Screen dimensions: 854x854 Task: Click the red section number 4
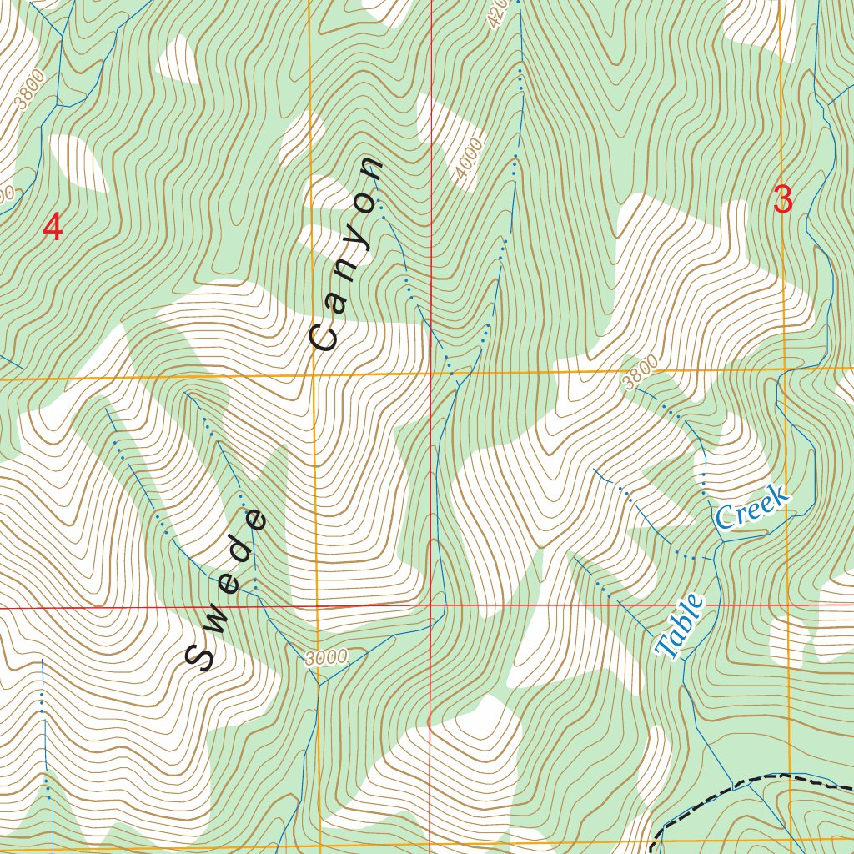pyautogui.click(x=53, y=228)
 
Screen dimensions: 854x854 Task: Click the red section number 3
pyautogui.click(x=782, y=200)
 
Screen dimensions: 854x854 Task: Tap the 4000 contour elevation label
pyautogui.click(x=470, y=159)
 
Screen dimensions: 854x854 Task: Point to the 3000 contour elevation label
pyautogui.click(x=325, y=657)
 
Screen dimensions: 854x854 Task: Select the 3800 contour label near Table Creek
pyautogui.click(x=640, y=372)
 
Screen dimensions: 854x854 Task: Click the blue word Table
pyautogui.click(x=681, y=626)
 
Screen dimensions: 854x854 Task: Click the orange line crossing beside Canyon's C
pyautogui.click(x=314, y=375)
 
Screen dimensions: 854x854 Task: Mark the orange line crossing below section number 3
pyautogui.click(x=784, y=367)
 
